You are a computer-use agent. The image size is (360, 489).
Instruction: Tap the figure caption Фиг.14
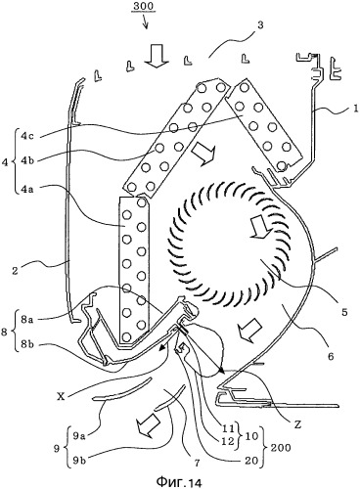(x=179, y=481)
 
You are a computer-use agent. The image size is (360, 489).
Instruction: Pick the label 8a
(x=26, y=320)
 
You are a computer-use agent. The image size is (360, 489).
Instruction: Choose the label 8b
(x=26, y=345)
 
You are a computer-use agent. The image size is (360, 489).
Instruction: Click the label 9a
(x=78, y=435)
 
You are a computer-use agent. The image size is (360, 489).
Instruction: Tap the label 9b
(x=78, y=462)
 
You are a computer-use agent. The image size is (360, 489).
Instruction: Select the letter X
(x=60, y=397)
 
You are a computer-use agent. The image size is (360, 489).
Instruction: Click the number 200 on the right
(x=280, y=448)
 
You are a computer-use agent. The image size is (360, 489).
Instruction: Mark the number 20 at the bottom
(x=251, y=461)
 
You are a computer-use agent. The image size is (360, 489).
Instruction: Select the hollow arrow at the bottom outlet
(x=149, y=425)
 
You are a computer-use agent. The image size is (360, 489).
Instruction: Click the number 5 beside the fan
(x=344, y=312)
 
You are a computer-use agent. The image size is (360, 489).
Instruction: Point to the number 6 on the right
(x=331, y=356)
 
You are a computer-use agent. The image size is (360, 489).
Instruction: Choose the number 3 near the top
(x=260, y=25)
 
